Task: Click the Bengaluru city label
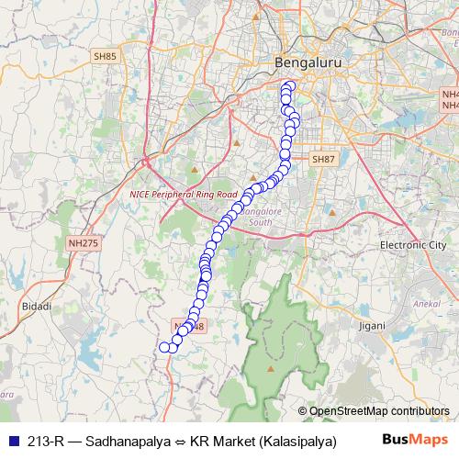tap(298, 62)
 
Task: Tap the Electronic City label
tap(411, 246)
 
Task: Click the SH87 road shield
tap(324, 159)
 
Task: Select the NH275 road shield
tap(83, 242)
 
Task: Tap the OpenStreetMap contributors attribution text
tap(378, 410)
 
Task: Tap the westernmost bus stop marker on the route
tap(165, 347)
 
